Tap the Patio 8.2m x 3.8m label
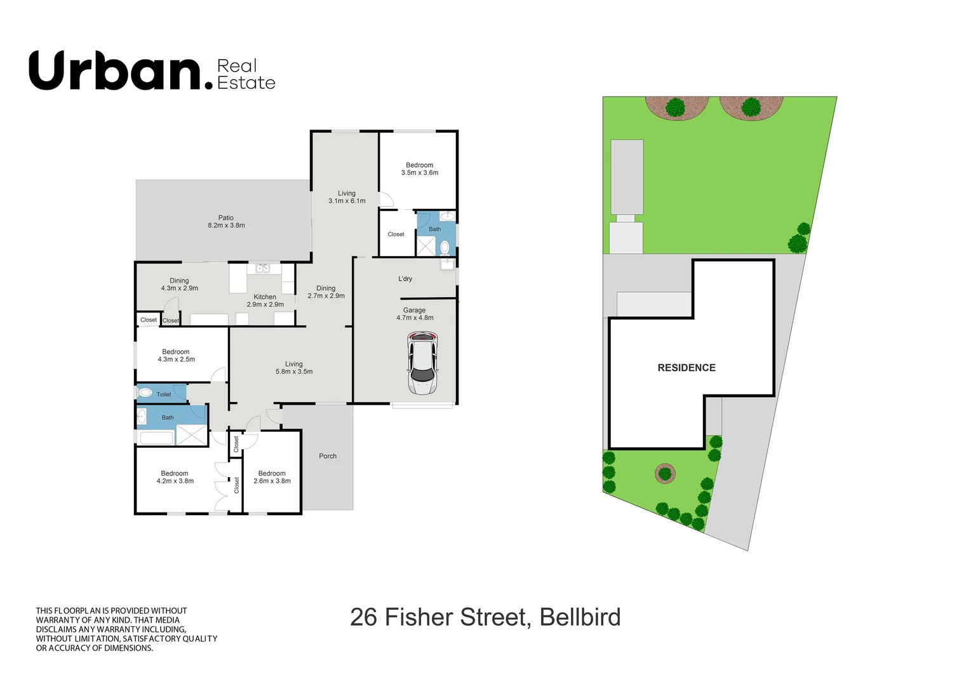(x=226, y=222)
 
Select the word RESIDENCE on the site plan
(x=686, y=368)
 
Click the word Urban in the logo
(x=115, y=71)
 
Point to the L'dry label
(x=405, y=279)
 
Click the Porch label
(x=328, y=456)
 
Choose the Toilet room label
(x=164, y=394)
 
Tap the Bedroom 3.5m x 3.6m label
(x=419, y=169)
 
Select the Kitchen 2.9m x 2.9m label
(x=265, y=300)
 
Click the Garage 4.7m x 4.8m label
(x=415, y=314)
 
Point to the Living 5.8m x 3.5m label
(x=293, y=368)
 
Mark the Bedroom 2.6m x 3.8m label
(x=272, y=477)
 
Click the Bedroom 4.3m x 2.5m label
(x=176, y=356)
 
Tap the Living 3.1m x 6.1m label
(x=347, y=197)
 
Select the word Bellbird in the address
(x=580, y=617)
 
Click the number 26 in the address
(x=363, y=617)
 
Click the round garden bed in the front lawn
(x=665, y=473)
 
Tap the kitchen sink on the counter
(x=263, y=269)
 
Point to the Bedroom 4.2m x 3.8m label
(x=175, y=477)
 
